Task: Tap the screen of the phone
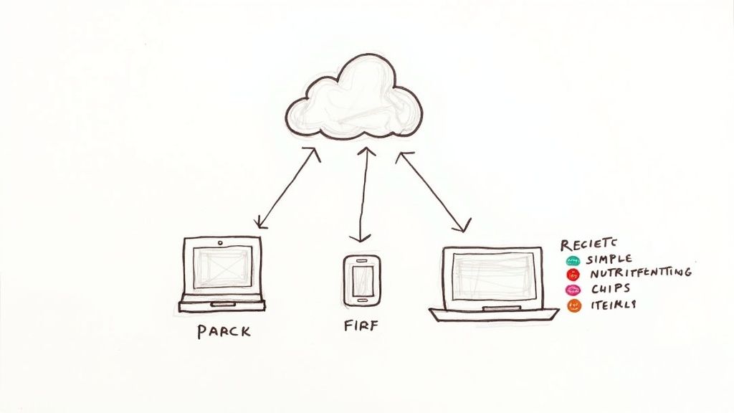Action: (x=362, y=276)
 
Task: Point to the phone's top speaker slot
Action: (x=362, y=260)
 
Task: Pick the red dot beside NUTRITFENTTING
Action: (x=573, y=274)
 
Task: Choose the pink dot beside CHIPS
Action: (x=573, y=290)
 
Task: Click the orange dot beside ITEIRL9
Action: (x=573, y=305)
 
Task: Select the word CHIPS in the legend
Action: (x=611, y=288)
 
